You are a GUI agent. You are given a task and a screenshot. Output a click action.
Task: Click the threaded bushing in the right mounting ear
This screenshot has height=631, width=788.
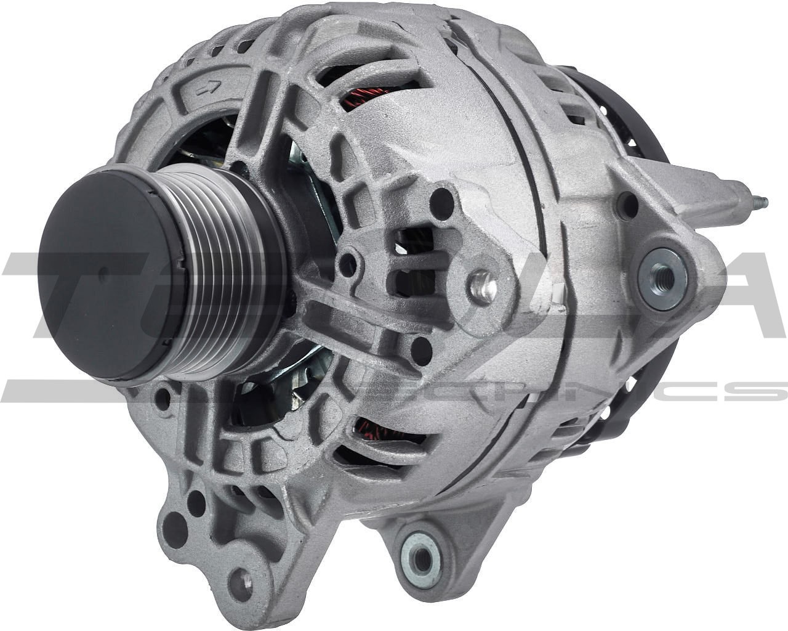coord(662,272)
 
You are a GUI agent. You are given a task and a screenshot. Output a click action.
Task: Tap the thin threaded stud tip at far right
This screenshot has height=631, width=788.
coord(761,201)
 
